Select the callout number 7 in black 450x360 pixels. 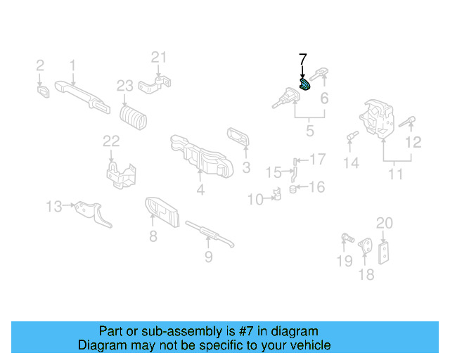coord(303,59)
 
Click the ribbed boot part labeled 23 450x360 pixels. coord(134,117)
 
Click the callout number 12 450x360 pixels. coord(414,143)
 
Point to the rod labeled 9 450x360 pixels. coord(209,232)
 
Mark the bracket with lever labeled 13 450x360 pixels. coord(92,212)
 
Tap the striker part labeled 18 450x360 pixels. coord(366,247)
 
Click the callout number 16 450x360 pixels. coord(317,187)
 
